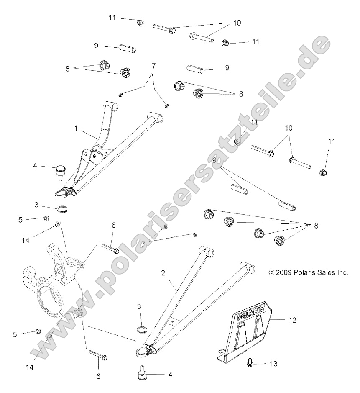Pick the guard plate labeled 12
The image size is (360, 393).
247,331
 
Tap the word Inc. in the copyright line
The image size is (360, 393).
342,272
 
